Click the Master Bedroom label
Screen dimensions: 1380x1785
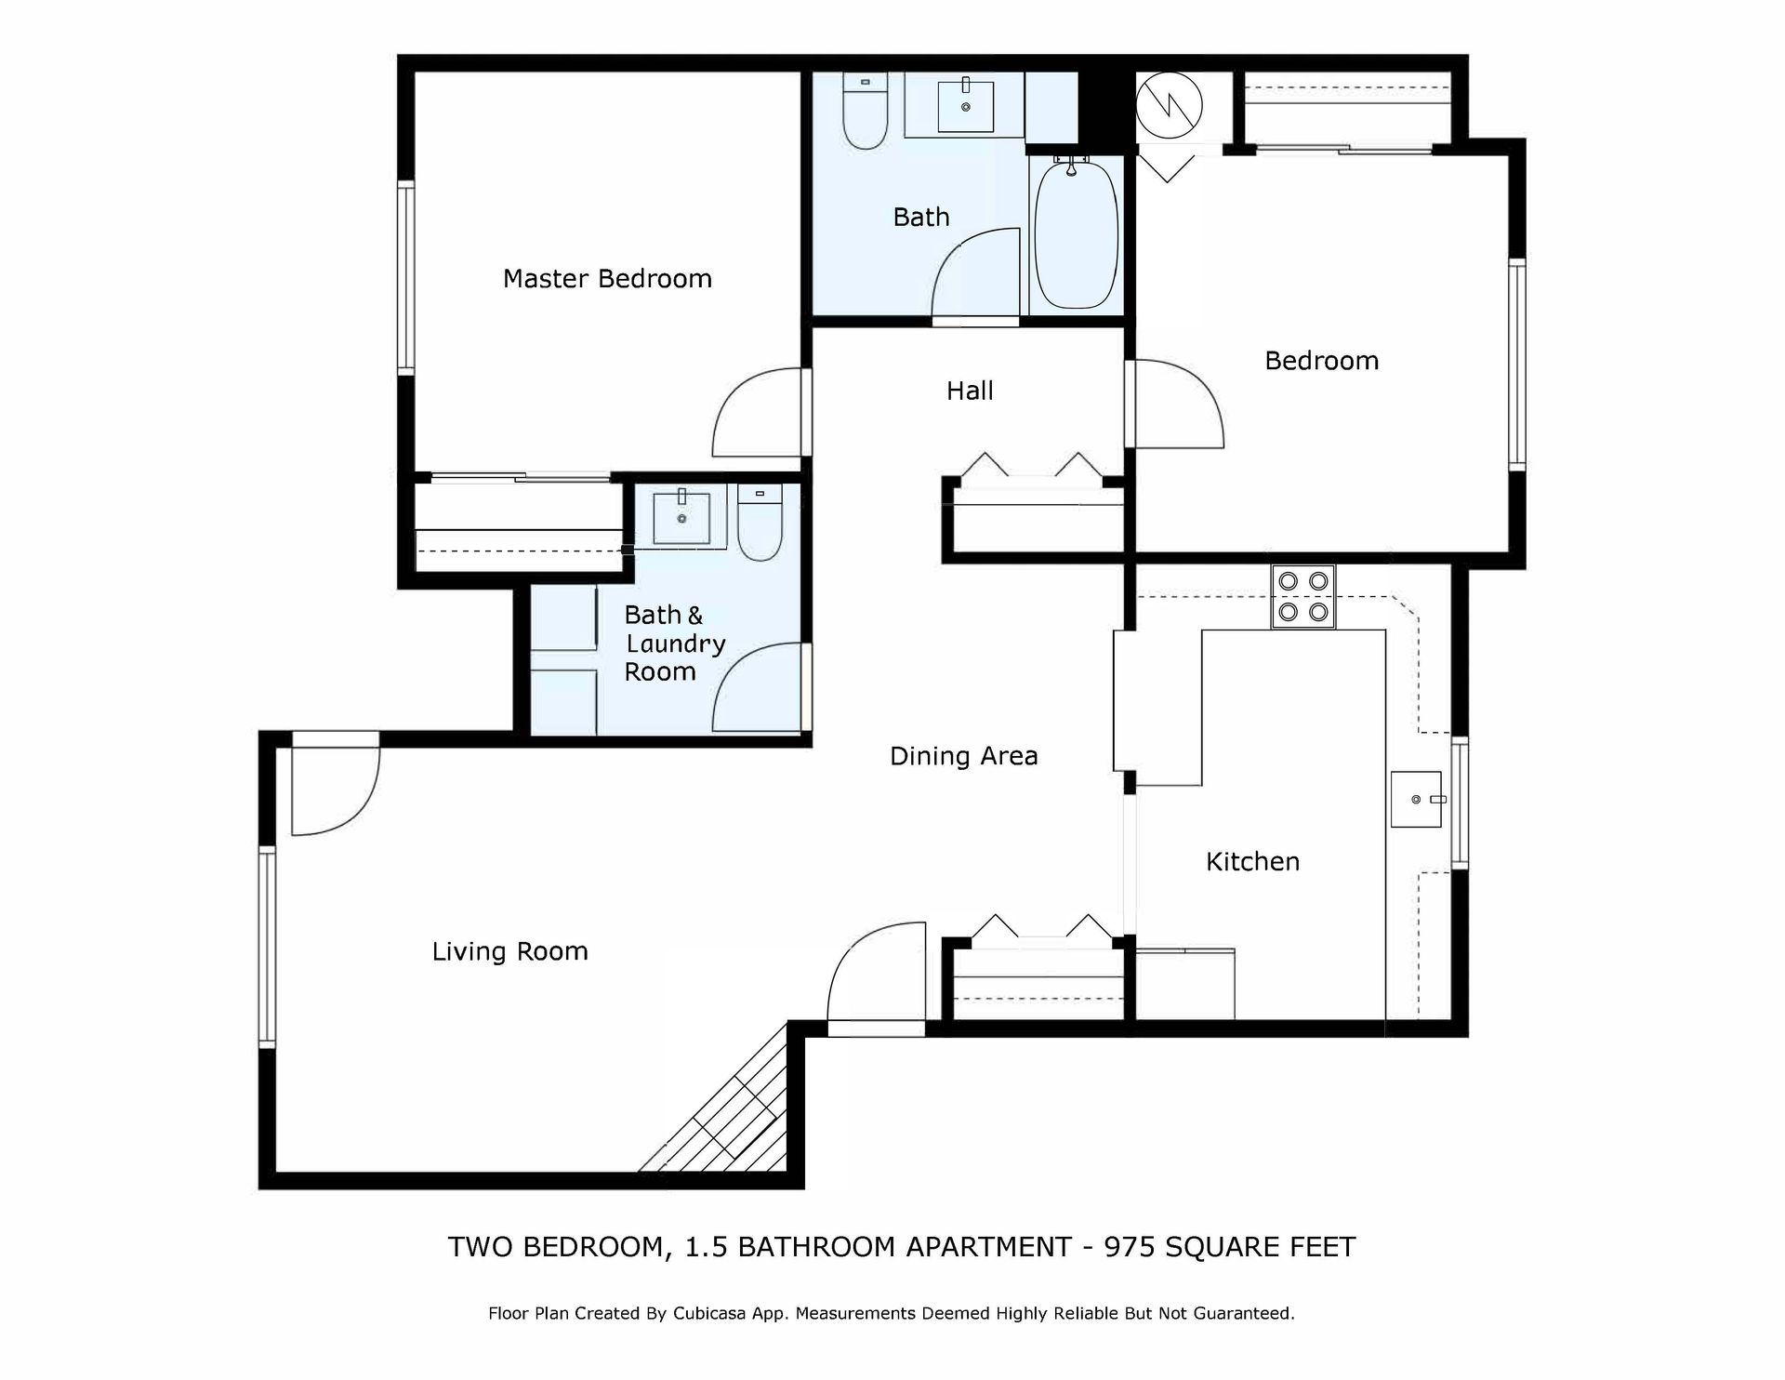point(607,279)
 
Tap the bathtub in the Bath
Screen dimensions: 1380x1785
point(1076,235)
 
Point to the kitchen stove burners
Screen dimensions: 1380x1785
point(1303,597)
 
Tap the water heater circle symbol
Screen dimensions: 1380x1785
point(1170,105)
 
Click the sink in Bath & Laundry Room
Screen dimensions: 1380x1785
point(681,517)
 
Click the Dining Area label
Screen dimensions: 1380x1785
point(963,756)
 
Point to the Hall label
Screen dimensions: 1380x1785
point(970,391)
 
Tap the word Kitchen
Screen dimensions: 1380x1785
point(1252,861)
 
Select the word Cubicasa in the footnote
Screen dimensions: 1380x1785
point(712,1314)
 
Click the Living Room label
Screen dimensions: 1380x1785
point(509,951)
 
